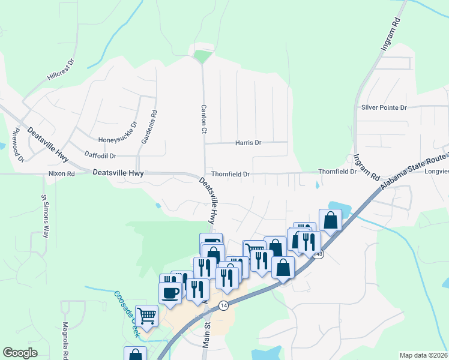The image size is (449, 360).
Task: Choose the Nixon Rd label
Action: pyautogui.click(x=61, y=174)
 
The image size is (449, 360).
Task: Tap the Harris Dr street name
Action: pyautogui.click(x=249, y=143)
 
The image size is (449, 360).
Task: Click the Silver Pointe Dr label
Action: pyautogui.click(x=384, y=107)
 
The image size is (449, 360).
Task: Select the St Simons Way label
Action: pyautogui.click(x=44, y=216)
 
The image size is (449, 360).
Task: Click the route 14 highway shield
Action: pyautogui.click(x=223, y=305)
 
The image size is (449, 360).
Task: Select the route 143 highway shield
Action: pyautogui.click(x=319, y=254)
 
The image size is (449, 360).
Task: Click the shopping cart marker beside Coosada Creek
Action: pyautogui.click(x=146, y=314)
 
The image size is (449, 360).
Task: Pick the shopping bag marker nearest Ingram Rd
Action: pyautogui.click(x=330, y=220)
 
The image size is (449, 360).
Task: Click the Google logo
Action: pyautogui.click(x=20, y=353)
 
